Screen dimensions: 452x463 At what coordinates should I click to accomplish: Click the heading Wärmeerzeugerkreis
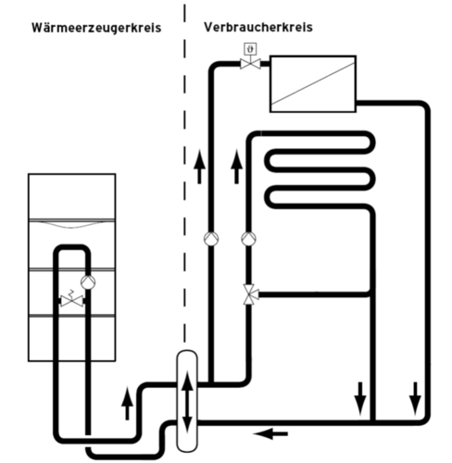[x=96, y=28]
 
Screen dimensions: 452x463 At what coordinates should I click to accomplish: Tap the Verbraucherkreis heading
[x=258, y=27]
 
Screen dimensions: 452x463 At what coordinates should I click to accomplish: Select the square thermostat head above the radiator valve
[x=250, y=48]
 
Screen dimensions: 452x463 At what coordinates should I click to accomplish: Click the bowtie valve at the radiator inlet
[x=250, y=64]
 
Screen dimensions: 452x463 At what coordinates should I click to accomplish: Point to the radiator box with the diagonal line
[x=313, y=84]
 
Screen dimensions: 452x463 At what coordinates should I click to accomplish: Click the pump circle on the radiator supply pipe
[x=211, y=239]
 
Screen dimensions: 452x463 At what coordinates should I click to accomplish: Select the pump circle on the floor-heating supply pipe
[x=248, y=239]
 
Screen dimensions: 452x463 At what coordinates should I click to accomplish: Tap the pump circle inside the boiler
[x=88, y=282]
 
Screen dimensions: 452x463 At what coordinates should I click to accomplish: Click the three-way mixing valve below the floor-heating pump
[x=249, y=294]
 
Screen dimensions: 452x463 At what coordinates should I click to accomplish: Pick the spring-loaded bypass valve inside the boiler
[x=71, y=299]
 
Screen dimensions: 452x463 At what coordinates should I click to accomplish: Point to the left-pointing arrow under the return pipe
[x=270, y=433]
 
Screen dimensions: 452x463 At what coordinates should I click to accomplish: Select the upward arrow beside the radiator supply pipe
[x=199, y=167]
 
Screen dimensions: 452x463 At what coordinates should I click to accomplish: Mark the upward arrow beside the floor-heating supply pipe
[x=236, y=167]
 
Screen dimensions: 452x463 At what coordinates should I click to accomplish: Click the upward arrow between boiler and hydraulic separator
[x=127, y=403]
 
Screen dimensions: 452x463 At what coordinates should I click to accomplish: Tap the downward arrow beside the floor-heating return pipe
[x=360, y=399]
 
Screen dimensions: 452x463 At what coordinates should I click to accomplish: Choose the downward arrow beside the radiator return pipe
[x=415, y=399]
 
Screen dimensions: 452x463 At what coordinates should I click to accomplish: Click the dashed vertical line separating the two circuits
[x=184, y=173]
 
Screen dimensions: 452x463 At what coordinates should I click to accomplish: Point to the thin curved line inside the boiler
[x=71, y=225]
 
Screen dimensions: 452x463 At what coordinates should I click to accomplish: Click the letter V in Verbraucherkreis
[x=207, y=27]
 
